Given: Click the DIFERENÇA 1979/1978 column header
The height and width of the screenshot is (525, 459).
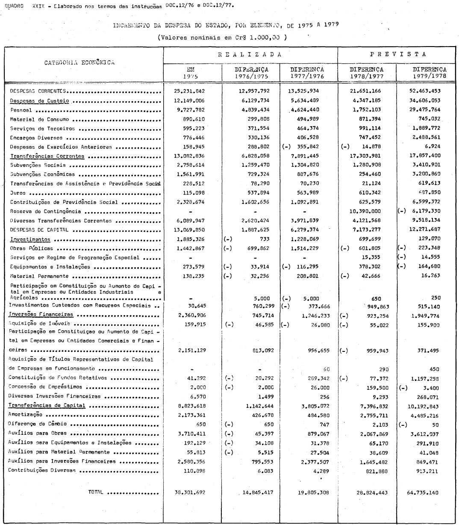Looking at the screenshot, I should tap(429, 72).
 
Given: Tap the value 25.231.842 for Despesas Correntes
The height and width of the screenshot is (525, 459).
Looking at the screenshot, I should tap(190, 91).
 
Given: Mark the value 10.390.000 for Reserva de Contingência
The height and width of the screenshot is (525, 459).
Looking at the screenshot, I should tap(366, 211).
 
